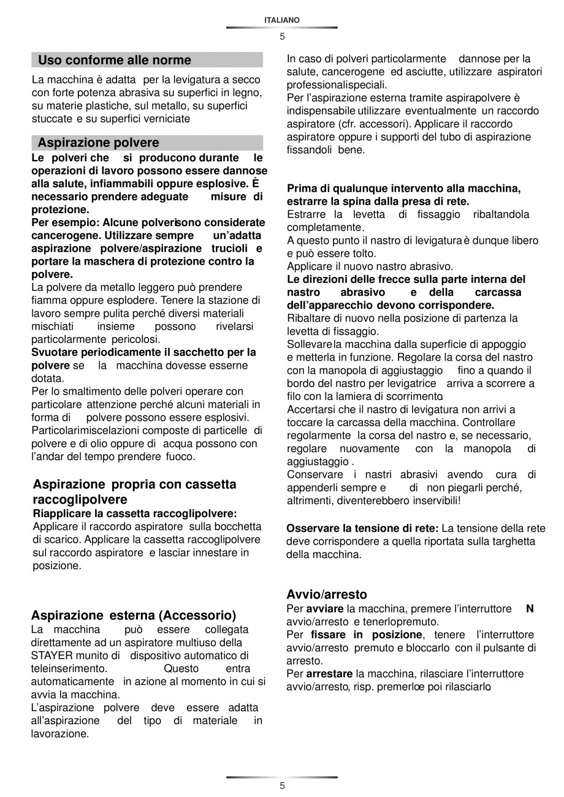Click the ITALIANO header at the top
pos(282,20)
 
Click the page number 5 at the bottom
pos(282,786)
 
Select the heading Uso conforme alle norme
pos(115,60)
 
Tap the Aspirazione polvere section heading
pos(98,143)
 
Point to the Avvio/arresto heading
pos(327,594)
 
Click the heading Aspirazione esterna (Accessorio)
pos(134,615)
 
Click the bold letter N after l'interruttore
pos(530,609)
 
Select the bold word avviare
pos(325,609)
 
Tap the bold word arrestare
pos(329,674)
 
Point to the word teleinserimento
pos(69,668)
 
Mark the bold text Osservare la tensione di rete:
pos(362,528)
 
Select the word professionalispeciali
pos(337,85)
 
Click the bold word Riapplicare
pos(60,513)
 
